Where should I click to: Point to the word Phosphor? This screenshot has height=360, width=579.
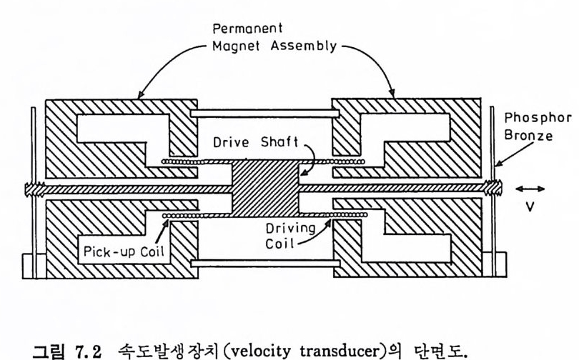tap(530, 121)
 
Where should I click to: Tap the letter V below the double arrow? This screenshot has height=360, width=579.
tap(530, 209)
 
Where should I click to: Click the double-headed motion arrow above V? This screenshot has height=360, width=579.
tap(530, 189)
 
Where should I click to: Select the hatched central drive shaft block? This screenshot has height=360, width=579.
tap(265, 189)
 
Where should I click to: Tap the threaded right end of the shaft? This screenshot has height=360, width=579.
tap(493, 188)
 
